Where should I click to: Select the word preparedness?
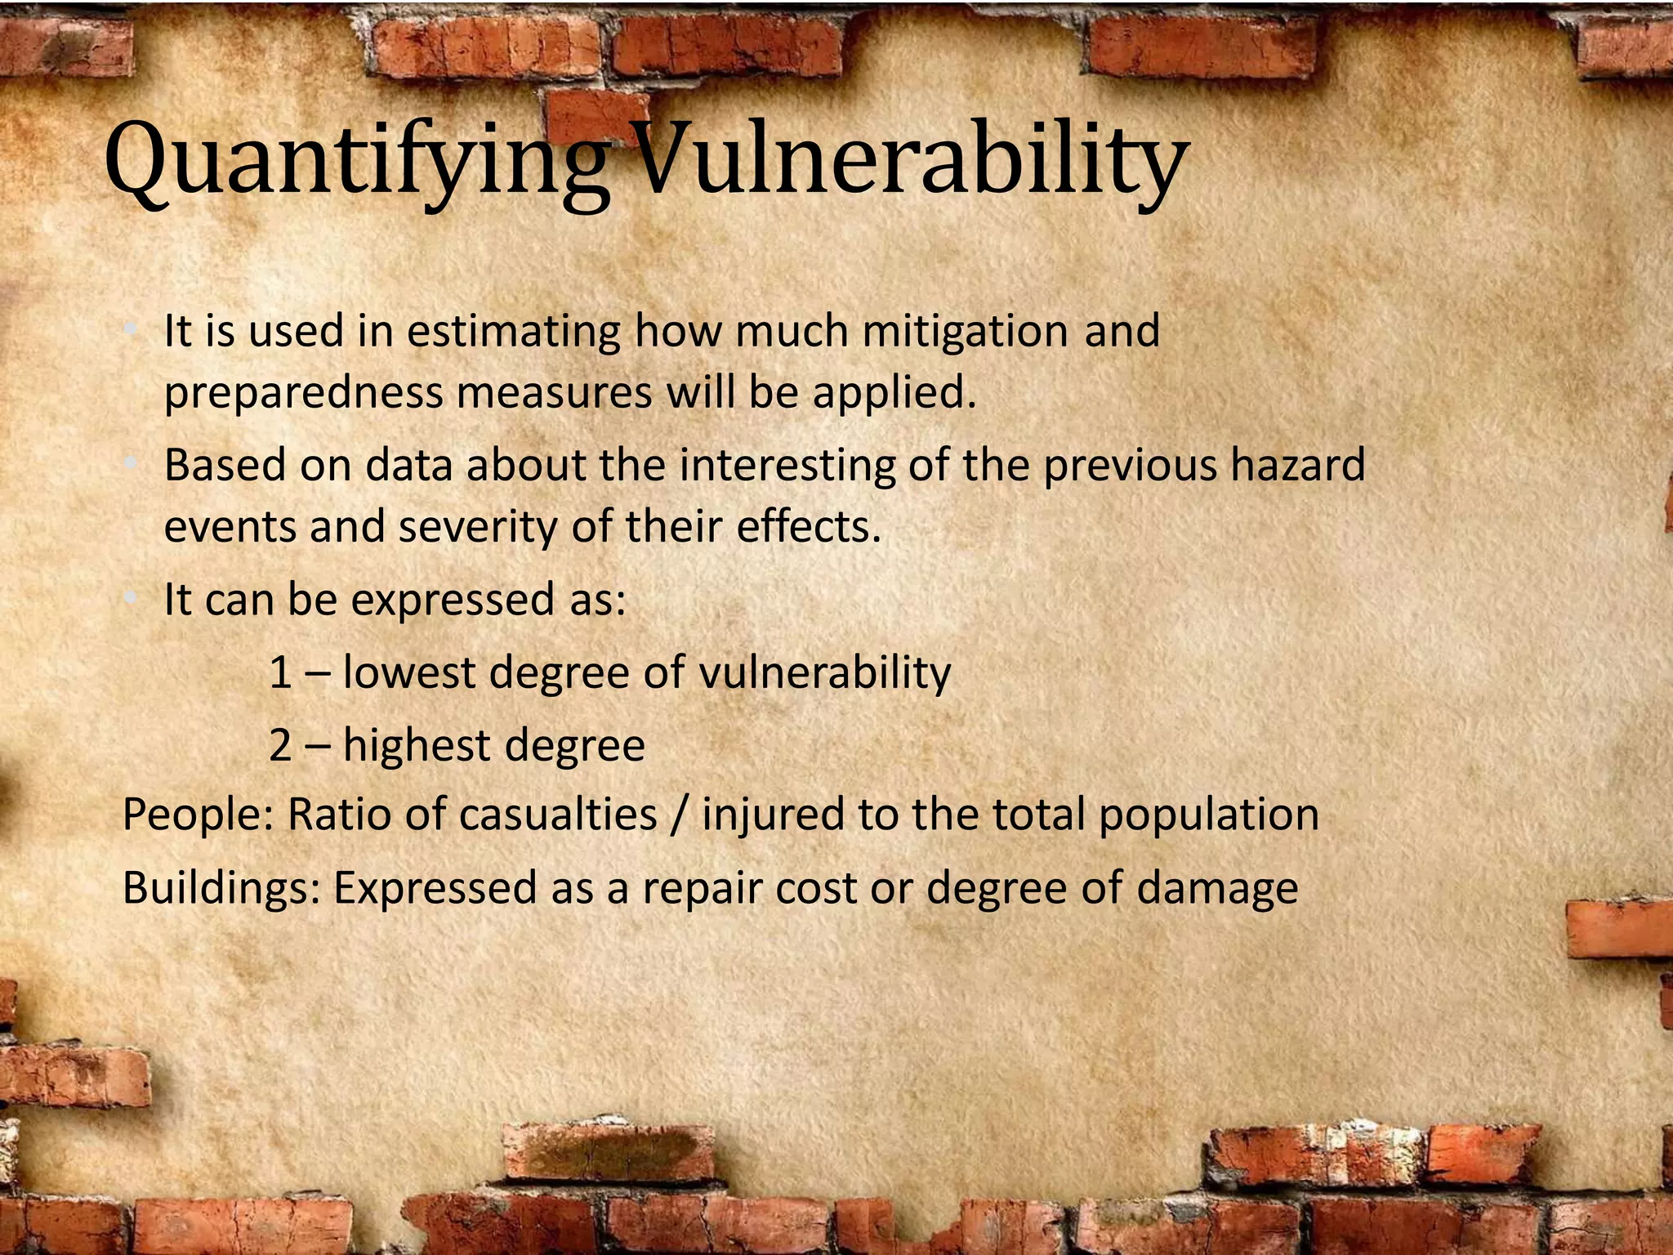[x=302, y=394]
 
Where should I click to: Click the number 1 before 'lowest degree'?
[x=280, y=673]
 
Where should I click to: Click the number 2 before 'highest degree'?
[x=280, y=745]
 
